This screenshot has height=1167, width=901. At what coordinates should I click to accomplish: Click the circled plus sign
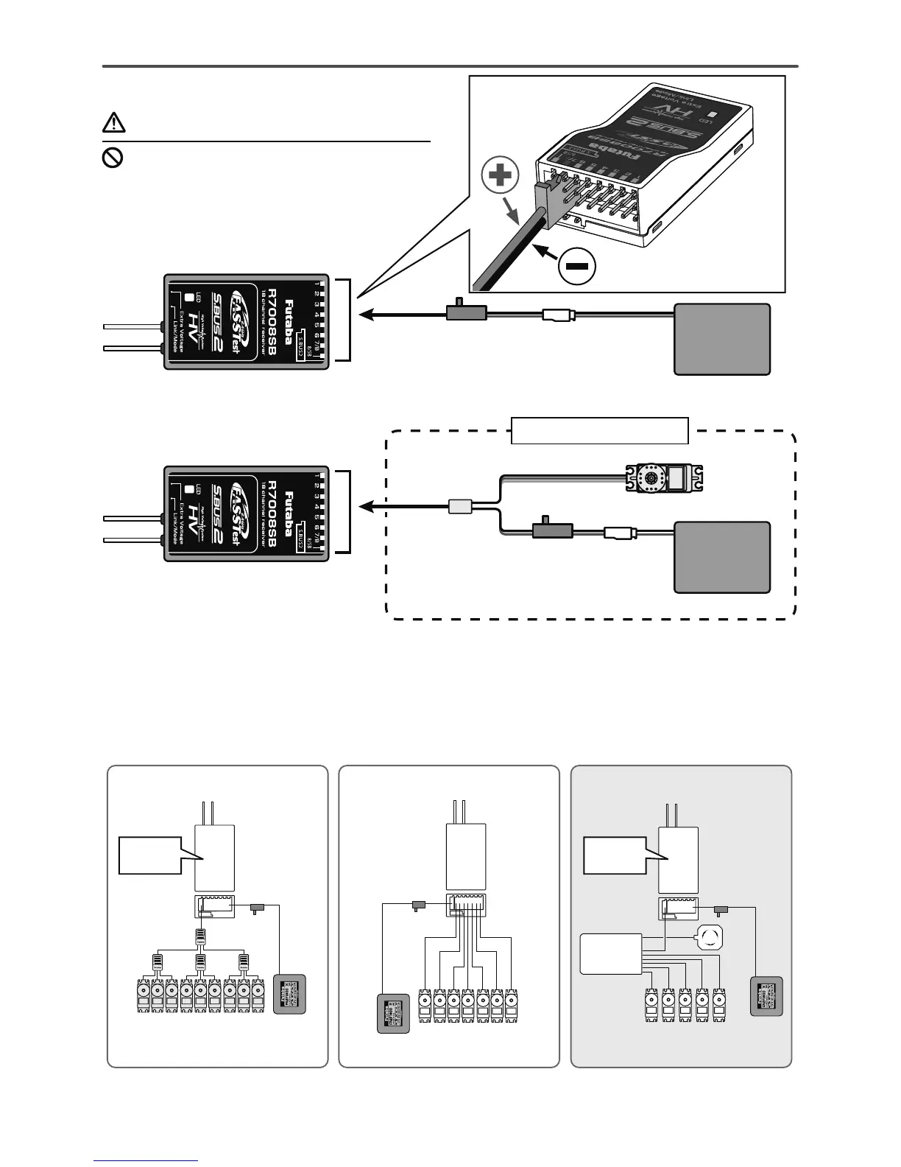click(499, 175)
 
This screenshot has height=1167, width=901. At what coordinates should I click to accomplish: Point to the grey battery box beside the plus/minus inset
click(722, 339)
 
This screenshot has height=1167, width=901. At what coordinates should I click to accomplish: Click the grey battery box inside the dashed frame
click(722, 557)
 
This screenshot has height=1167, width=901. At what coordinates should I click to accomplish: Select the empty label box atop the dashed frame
click(600, 431)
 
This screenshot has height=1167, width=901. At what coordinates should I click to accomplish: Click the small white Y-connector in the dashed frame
click(459, 507)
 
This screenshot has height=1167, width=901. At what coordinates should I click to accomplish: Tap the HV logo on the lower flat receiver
click(194, 511)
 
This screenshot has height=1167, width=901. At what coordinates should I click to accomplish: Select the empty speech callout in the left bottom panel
click(151, 855)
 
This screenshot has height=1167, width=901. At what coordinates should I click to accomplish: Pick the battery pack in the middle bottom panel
click(393, 1013)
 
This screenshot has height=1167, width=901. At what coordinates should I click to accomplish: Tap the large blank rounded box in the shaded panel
click(610, 953)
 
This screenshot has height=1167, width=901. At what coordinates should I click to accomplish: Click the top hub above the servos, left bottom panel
click(199, 937)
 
